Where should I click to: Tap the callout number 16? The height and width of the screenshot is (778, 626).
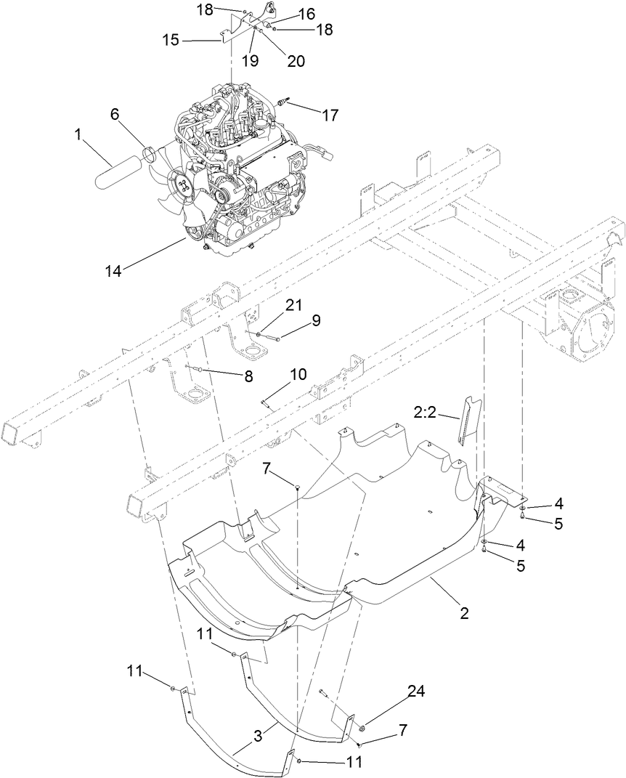(x=306, y=14)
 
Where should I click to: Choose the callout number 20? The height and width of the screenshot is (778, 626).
(x=296, y=62)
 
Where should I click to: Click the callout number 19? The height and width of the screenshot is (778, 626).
(x=250, y=62)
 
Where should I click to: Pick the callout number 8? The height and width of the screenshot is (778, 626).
(x=248, y=377)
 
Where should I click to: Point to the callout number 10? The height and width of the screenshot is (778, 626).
(x=298, y=374)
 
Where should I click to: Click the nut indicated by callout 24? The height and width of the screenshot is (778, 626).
(x=360, y=726)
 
